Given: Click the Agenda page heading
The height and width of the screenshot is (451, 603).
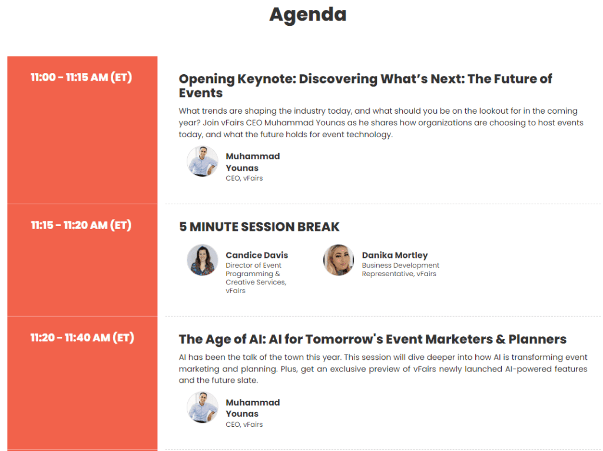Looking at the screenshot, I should tap(307, 14).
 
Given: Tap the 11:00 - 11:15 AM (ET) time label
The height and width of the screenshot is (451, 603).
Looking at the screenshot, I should tap(81, 78).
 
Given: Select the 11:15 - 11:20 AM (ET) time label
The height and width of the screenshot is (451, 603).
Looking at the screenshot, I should tap(81, 225).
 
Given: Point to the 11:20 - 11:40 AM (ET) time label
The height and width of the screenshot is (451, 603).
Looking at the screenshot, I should tap(81, 338).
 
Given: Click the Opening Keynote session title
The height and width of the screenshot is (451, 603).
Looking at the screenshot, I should tap(365, 86).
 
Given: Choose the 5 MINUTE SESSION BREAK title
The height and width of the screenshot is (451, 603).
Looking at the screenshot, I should tap(259, 227).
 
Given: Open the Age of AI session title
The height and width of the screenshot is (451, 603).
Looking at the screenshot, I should tap(372, 339).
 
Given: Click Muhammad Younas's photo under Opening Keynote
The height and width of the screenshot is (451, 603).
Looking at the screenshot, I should tap(203, 161).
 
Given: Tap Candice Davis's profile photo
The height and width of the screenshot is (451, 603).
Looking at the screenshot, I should tap(203, 260).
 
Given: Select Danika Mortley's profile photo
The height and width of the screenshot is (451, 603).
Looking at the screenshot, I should tap(339, 260).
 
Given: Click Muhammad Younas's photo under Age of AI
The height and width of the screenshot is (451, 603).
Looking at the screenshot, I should tap(203, 407).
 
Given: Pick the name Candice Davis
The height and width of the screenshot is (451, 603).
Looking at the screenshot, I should tap(257, 256).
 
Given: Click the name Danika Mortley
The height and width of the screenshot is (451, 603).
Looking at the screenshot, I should tap(395, 256).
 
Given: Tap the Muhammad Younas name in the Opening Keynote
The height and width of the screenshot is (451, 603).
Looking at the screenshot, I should tap(253, 162).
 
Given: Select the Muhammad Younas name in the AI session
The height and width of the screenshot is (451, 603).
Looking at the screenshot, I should tap(253, 408).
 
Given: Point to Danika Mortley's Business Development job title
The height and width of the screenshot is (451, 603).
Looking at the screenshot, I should tap(400, 270).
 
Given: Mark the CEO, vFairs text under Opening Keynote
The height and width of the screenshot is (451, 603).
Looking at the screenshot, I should tap(244, 178).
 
